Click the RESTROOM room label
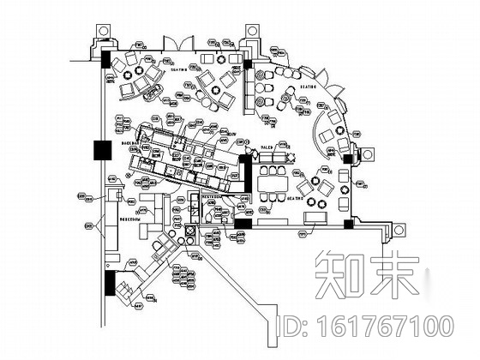click(209, 196)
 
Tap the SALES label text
click(267, 149)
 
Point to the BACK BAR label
click(130, 143)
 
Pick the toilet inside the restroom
click(211, 231)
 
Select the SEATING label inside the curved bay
click(306, 87)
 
